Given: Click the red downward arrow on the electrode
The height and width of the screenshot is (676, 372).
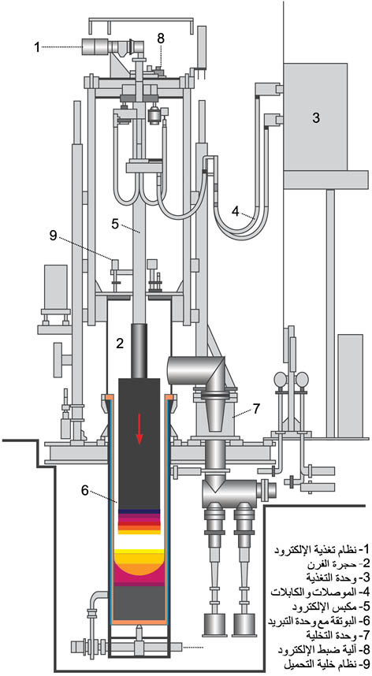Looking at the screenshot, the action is coord(139,427).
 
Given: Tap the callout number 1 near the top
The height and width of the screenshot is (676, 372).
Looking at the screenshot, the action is coord(38,47).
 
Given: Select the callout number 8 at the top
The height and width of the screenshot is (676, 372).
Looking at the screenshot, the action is coord(160,38).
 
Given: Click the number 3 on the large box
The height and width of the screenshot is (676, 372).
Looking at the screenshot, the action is coord(316,117).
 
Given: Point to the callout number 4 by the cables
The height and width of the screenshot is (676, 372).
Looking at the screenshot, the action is coord(236,211).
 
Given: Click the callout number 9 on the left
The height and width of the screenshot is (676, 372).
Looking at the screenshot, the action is coord(53,235).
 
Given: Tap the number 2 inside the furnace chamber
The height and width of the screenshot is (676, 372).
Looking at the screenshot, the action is coord(120,344).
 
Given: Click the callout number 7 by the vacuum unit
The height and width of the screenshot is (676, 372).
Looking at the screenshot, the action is coord(256,408).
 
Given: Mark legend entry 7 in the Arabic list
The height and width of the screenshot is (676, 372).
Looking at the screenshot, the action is coord(337,636).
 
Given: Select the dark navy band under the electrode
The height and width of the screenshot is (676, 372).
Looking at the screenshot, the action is coord(139,511).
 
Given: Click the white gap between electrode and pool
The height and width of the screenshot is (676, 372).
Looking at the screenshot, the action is coord(139,541).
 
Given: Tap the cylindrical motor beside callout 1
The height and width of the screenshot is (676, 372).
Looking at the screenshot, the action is coord(95,46).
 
